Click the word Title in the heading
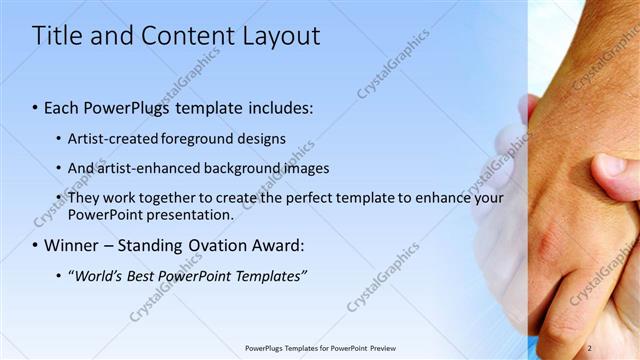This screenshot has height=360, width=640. [x=55, y=36]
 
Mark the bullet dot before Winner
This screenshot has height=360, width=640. [x=35, y=245]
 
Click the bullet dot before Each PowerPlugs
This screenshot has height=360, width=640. [x=35, y=107]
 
